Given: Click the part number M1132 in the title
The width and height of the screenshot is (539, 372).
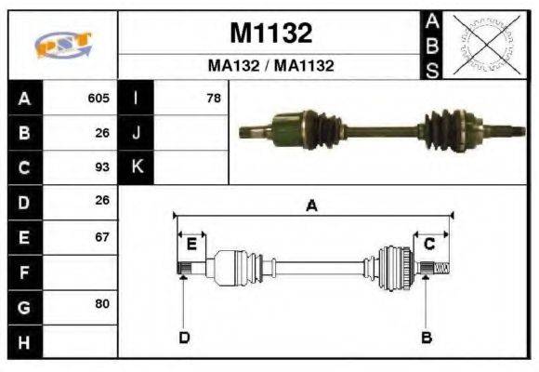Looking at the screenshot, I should coord(270,33).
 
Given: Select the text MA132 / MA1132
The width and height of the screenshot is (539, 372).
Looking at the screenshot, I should coord(270,66).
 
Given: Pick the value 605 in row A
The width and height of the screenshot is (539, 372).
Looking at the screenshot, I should coord(99,98).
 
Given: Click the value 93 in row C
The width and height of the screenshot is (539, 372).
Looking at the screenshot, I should coord(102,167).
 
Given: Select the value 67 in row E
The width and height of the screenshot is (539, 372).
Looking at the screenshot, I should coord(102,237).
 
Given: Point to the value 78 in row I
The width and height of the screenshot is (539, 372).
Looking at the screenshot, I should coord(214,98).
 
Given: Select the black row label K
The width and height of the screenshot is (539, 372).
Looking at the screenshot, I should coord(137,167).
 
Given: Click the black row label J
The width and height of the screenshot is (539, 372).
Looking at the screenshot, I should coord(137,132).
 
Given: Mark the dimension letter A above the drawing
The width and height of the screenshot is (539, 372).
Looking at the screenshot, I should coord(312,206).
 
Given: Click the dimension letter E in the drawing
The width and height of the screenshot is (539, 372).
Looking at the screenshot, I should coord(191,245).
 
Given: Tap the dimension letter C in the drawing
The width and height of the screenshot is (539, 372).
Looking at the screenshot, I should coord(429,245).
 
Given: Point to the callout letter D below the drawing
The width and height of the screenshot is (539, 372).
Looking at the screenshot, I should coord(183,337).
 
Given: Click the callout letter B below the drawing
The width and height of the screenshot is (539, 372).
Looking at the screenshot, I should coord(427,337).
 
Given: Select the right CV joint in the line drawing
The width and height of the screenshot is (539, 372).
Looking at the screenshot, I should coord(395,267).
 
